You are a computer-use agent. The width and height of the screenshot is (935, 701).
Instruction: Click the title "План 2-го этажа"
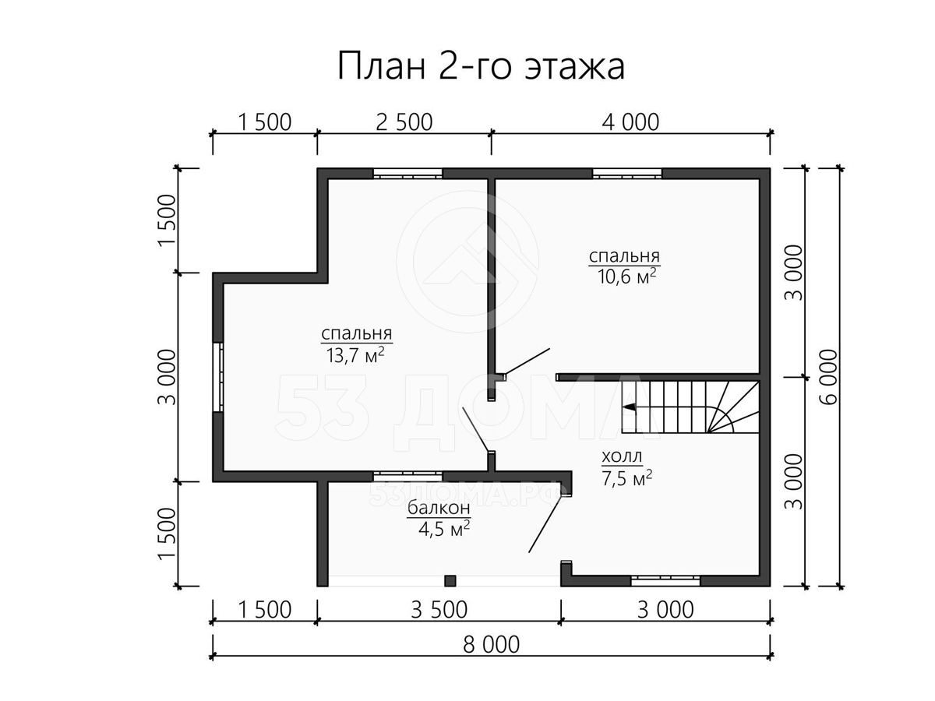pyautogui.click(x=481, y=66)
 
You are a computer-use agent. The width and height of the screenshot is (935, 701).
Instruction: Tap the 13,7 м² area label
pyautogui.click(x=355, y=355)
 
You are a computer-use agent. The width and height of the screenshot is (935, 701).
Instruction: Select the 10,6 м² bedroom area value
pyautogui.click(x=626, y=277)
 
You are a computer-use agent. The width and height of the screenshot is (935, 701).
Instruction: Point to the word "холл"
pyautogui.click(x=622, y=456)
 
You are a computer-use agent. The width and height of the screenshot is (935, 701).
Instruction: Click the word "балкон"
pyautogui.click(x=439, y=507)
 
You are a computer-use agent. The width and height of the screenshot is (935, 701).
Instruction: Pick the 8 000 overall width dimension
pyautogui.click(x=491, y=644)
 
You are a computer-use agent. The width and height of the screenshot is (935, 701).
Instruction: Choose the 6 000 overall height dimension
pyautogui.click(x=829, y=377)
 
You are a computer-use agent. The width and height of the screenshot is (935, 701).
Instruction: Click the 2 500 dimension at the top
pyautogui.click(x=404, y=122)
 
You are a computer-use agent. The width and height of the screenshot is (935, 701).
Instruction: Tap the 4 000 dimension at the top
pyautogui.click(x=630, y=122)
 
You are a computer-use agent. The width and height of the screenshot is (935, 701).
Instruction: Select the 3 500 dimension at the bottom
pyautogui.click(x=439, y=610)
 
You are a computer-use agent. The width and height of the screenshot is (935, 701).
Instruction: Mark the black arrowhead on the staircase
pyautogui.click(x=629, y=407)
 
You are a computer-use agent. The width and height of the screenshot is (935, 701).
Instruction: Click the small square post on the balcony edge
pyautogui.click(x=450, y=580)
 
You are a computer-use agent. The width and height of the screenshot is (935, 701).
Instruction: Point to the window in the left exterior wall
pyautogui.click(x=218, y=377)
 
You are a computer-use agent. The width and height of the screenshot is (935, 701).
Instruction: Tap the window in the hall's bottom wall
pyautogui.click(x=665, y=580)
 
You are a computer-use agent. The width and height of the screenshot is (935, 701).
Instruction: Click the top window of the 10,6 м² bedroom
pyautogui.click(x=627, y=174)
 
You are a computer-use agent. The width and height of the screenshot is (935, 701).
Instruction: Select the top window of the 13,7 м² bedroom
pyautogui.click(x=408, y=174)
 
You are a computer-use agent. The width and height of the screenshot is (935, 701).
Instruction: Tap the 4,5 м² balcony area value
pyautogui.click(x=444, y=530)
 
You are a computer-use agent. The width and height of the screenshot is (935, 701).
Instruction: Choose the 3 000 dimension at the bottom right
pyautogui.click(x=665, y=610)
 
